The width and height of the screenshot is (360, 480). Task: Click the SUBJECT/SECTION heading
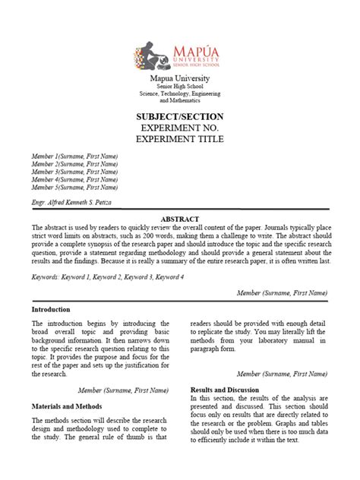click(179, 116)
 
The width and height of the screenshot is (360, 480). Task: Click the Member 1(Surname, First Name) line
click(74, 156)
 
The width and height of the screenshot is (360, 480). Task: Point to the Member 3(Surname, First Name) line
click(74, 171)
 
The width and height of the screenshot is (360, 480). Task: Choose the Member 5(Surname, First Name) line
click(74, 186)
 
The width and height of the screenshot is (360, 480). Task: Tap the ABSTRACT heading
click(179, 218)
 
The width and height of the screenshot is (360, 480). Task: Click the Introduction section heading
click(51, 310)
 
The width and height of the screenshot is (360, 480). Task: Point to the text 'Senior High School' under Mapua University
click(179, 87)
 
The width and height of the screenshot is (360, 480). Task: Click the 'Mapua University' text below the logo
click(179, 78)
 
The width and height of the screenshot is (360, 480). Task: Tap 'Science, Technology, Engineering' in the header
click(179, 93)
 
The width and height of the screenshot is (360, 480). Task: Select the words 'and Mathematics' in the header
click(179, 100)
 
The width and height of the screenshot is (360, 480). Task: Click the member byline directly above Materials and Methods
click(123, 390)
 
